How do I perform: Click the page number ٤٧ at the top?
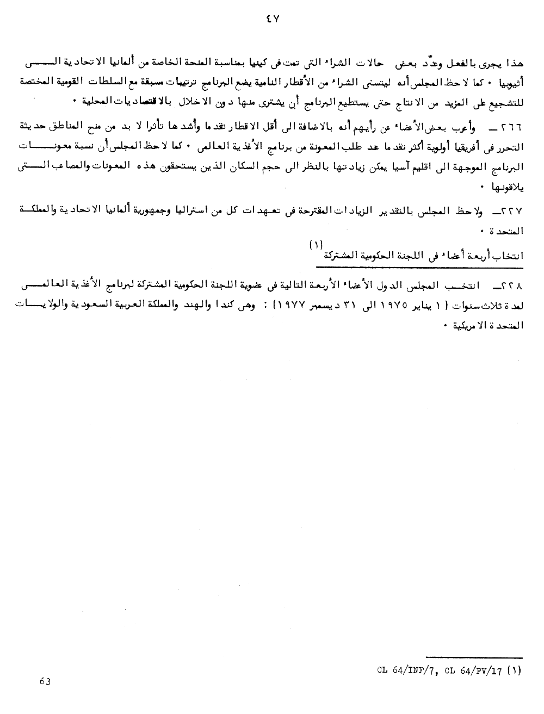point(272,17)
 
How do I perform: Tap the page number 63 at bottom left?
point(45,681)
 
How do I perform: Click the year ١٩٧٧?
point(263,305)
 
